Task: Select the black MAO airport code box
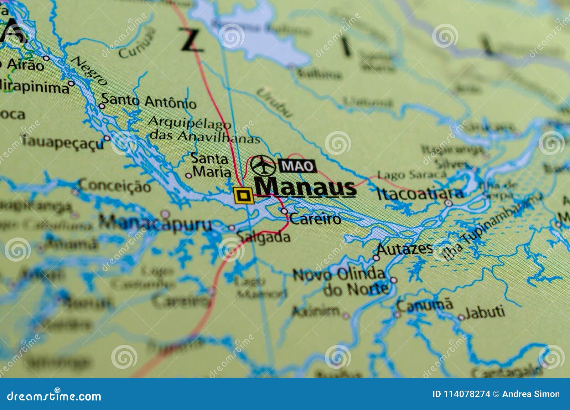coord(297,166)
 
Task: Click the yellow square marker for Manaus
coord(244,195)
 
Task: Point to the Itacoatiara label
coord(420,194)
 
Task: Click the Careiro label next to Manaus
coord(315,219)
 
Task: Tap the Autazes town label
coord(405,248)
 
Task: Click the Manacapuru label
coord(155,224)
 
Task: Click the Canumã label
coord(425,305)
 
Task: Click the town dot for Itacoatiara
coord(449,203)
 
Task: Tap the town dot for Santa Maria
coord(188,175)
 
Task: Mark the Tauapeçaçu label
coord(63,142)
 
